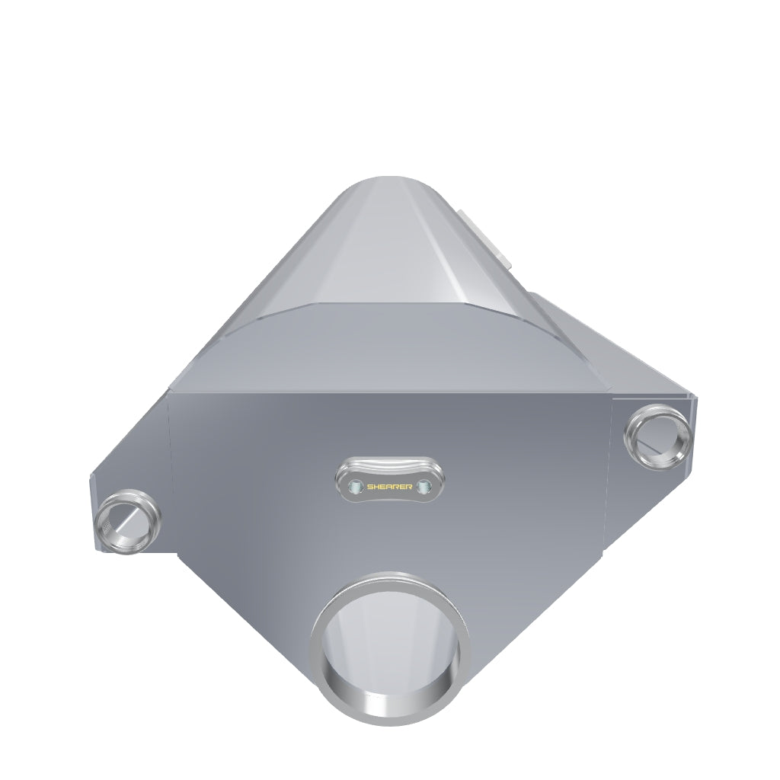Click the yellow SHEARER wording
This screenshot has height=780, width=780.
point(389,487)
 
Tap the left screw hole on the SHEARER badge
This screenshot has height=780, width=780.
point(355,487)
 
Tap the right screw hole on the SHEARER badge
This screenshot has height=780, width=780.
point(424,487)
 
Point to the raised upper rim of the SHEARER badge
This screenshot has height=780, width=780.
point(389,464)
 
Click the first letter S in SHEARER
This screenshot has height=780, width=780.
point(370,487)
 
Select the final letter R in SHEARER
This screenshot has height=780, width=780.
point(409,487)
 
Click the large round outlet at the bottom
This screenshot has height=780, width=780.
point(389,648)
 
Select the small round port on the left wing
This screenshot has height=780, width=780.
point(127,521)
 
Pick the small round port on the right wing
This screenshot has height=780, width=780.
point(657,436)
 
